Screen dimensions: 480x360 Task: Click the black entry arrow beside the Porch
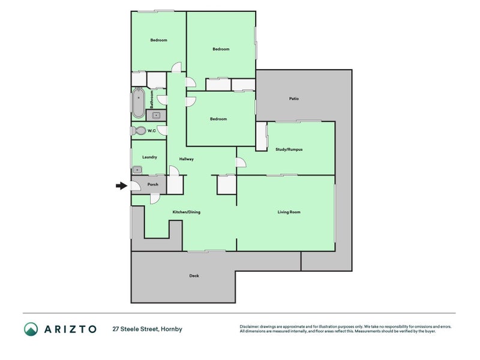122,185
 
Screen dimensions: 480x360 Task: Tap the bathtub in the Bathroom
139,103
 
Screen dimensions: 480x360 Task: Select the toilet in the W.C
139,131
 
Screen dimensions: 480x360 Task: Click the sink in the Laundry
137,170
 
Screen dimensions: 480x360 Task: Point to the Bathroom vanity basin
156,115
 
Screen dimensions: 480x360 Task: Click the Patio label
294,98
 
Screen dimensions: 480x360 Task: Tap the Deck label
194,276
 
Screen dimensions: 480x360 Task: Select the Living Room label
289,212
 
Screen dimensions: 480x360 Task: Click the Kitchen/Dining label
187,212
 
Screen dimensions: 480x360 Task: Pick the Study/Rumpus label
289,149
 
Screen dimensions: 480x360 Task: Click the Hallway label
187,159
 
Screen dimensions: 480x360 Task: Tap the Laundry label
149,157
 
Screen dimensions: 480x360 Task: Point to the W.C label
152,131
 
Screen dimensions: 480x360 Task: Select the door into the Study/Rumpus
241,162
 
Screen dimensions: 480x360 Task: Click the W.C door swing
162,130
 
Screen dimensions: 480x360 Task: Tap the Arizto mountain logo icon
31,329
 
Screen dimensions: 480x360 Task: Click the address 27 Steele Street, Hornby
147,329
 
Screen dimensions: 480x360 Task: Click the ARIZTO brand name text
70,329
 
